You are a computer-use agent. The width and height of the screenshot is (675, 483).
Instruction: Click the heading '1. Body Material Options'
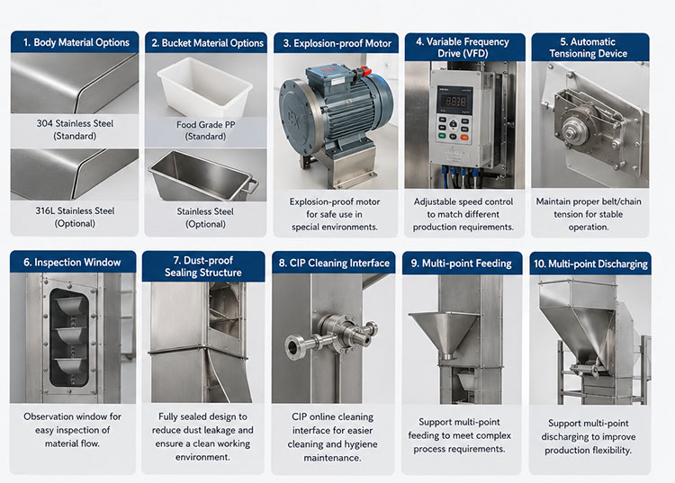coord(76,42)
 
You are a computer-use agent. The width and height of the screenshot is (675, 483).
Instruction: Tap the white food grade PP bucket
coord(204,87)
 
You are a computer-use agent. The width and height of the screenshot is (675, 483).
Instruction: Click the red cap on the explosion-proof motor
coord(365,71)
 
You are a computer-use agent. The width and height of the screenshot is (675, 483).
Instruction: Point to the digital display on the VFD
coord(454,102)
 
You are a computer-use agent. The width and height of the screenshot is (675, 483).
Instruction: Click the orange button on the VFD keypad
coord(464,138)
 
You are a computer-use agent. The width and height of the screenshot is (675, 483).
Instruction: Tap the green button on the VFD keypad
coord(442,136)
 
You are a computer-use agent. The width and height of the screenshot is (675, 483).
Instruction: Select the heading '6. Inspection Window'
coord(72,262)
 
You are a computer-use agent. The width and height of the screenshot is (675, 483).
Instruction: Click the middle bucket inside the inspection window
coord(72,335)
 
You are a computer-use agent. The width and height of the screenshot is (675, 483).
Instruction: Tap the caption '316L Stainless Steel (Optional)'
coord(75,217)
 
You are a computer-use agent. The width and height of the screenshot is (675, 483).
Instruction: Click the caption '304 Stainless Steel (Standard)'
coord(75,130)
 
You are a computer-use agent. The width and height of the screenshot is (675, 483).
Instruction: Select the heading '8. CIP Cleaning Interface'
coord(334,263)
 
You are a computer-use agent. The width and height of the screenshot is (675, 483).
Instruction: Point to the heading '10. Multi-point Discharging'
coord(590,264)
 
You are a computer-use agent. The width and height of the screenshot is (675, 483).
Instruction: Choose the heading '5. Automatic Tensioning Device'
coord(588,48)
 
